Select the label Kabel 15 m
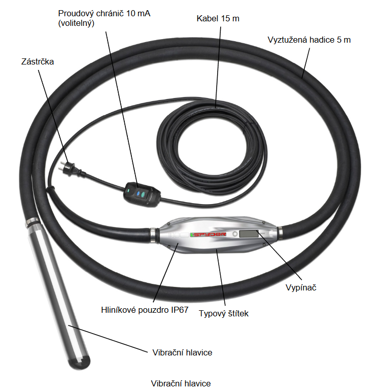(218, 19)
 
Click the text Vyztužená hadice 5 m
(309, 40)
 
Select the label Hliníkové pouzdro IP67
(142, 308)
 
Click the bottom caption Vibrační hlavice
(181, 383)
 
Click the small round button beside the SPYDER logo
(235, 234)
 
